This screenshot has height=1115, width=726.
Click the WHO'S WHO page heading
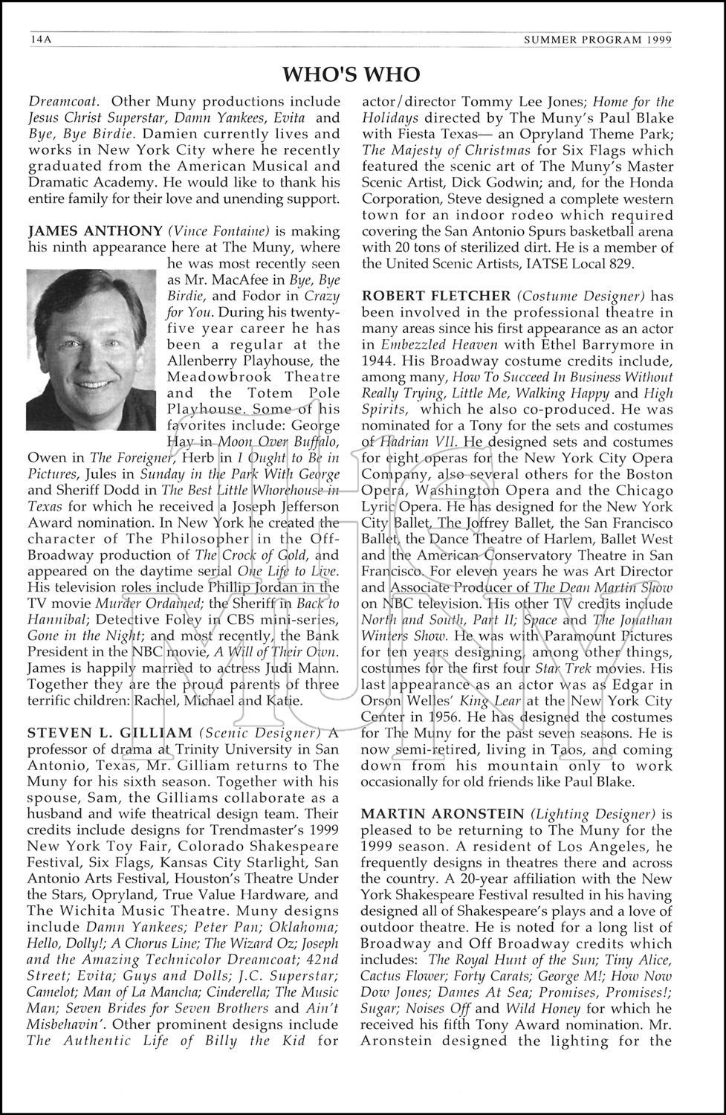(351, 74)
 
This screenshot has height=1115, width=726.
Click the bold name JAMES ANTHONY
(95, 231)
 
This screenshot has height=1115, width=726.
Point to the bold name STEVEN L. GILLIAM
(110, 733)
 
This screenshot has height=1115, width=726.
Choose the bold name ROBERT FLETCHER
(436, 296)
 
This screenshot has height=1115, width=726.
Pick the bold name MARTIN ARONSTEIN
(442, 814)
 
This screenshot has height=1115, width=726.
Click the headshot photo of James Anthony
(91, 349)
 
